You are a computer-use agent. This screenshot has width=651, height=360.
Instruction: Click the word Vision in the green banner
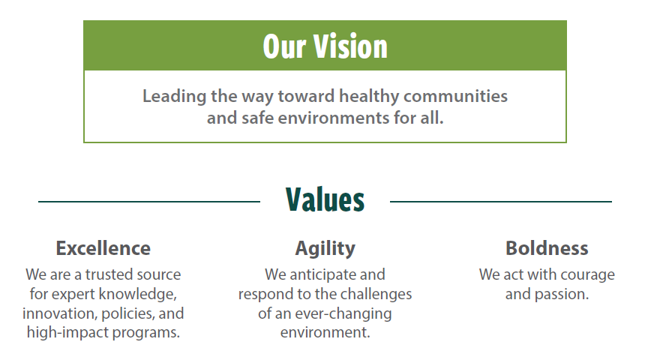point(350,46)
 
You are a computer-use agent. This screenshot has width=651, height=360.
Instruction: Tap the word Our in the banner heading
point(285,46)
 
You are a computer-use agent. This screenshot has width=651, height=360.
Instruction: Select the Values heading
point(325,199)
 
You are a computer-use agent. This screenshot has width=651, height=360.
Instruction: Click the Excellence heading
point(103,248)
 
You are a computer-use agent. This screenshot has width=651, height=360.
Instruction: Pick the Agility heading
point(325,249)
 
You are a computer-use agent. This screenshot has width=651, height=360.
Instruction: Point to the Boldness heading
point(547,248)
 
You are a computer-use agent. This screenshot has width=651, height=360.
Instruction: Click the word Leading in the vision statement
point(174,97)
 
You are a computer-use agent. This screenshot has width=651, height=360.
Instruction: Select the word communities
point(455,96)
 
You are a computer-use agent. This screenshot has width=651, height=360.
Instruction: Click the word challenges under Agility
point(379,295)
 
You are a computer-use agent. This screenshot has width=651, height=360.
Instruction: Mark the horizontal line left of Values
point(149,202)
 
